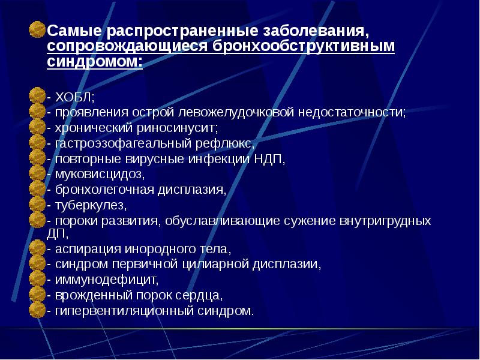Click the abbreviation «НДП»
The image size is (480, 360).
click(x=268, y=159)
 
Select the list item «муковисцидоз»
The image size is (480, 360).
click(x=99, y=175)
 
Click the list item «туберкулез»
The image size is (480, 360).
click(x=91, y=206)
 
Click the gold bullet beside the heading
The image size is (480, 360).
click(x=37, y=31)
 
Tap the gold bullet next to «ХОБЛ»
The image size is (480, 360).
click(x=37, y=97)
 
